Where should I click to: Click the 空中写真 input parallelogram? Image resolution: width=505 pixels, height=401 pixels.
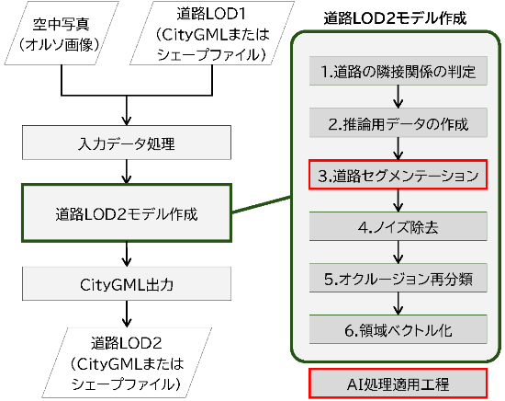pos(62,33)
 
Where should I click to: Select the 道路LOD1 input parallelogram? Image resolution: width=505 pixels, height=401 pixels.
pos(212,33)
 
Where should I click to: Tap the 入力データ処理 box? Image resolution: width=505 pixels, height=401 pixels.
pos(127,143)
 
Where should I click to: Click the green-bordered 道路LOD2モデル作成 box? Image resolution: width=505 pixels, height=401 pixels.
pos(127,213)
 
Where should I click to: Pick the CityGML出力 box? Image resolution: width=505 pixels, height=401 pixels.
pos(127,284)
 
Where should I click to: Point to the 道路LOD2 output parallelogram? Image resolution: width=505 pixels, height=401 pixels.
pos(127,362)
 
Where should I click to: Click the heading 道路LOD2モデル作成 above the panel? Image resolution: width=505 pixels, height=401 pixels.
pos(395,18)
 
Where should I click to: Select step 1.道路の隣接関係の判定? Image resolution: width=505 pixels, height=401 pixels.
pos(398,71)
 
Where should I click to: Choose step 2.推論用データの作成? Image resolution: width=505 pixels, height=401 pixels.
pos(398,123)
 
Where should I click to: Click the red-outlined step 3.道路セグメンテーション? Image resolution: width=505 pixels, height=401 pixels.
pos(398,175)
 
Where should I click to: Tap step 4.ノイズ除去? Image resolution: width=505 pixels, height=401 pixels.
pos(398,226)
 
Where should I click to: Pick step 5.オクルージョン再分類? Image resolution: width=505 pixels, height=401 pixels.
pos(398,278)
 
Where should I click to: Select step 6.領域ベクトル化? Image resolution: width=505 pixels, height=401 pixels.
pos(398,329)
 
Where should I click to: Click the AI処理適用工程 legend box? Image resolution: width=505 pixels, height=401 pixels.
pos(398,384)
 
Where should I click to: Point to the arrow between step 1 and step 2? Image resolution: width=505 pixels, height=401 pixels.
pos(398,97)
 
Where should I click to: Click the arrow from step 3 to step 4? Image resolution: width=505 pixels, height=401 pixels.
pos(398,200)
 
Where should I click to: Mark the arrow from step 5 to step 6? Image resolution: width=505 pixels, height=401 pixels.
pos(398,304)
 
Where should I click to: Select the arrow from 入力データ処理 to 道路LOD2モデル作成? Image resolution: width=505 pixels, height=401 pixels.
pos(127,172)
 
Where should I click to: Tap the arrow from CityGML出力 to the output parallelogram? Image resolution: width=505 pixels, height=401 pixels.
pos(127,314)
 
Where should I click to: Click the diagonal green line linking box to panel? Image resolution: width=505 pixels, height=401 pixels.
pos(261,204)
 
